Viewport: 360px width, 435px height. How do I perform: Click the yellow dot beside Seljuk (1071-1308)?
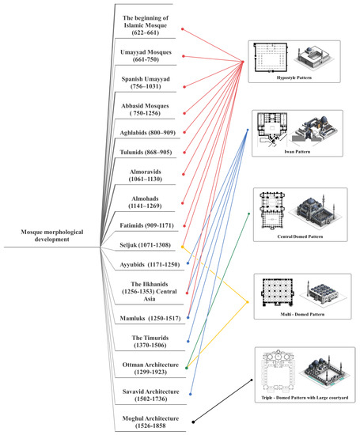(x=184, y=246)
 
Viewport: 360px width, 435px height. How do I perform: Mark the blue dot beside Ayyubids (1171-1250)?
(x=184, y=267)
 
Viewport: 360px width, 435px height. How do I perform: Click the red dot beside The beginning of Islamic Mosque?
(x=184, y=31)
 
